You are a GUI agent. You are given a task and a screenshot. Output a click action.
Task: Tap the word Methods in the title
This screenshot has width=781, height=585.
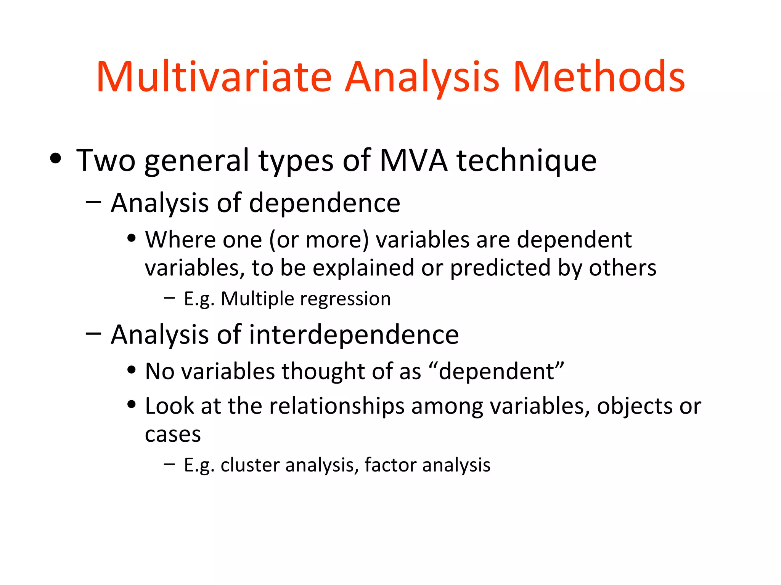pyautogui.click(x=599, y=77)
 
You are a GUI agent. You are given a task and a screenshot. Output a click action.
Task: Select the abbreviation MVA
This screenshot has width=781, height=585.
pyautogui.click(x=413, y=161)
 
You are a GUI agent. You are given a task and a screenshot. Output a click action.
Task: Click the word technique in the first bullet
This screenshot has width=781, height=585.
pyautogui.click(x=527, y=161)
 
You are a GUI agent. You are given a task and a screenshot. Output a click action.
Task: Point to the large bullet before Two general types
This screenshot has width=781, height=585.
pyautogui.click(x=56, y=158)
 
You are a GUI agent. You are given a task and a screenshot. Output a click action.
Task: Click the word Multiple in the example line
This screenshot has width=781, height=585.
pyautogui.click(x=258, y=299)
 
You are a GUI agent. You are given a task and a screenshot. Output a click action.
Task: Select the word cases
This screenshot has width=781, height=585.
pyautogui.click(x=173, y=435)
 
